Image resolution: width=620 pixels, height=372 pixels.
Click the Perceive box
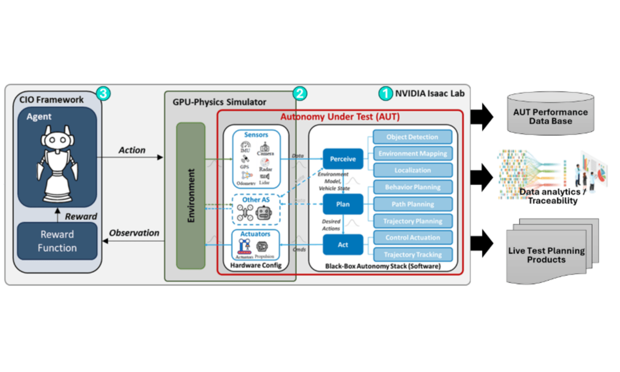(x=343, y=159)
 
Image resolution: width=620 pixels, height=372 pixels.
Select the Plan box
(x=343, y=204)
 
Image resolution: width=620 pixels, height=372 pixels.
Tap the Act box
(x=343, y=245)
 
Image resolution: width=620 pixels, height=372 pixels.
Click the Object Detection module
(x=412, y=137)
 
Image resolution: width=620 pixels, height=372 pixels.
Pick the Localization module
(x=412, y=170)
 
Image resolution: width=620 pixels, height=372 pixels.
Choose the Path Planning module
(x=412, y=204)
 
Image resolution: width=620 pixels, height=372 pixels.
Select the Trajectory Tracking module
(x=412, y=255)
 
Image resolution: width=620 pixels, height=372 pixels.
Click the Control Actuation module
(x=412, y=238)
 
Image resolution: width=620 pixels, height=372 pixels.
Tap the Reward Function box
(x=57, y=241)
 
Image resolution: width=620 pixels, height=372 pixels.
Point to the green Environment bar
(x=191, y=196)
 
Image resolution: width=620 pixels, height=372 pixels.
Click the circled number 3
(x=103, y=94)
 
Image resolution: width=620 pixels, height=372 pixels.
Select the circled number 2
(x=300, y=94)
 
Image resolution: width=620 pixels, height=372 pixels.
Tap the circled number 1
(x=385, y=94)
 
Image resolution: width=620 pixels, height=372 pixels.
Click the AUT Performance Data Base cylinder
(x=550, y=115)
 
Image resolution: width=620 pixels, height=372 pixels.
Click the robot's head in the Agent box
(x=57, y=140)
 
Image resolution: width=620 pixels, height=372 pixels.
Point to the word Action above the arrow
(x=132, y=150)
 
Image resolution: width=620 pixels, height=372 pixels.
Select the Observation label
(x=134, y=233)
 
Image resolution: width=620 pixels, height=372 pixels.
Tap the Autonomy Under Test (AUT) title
(x=340, y=117)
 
